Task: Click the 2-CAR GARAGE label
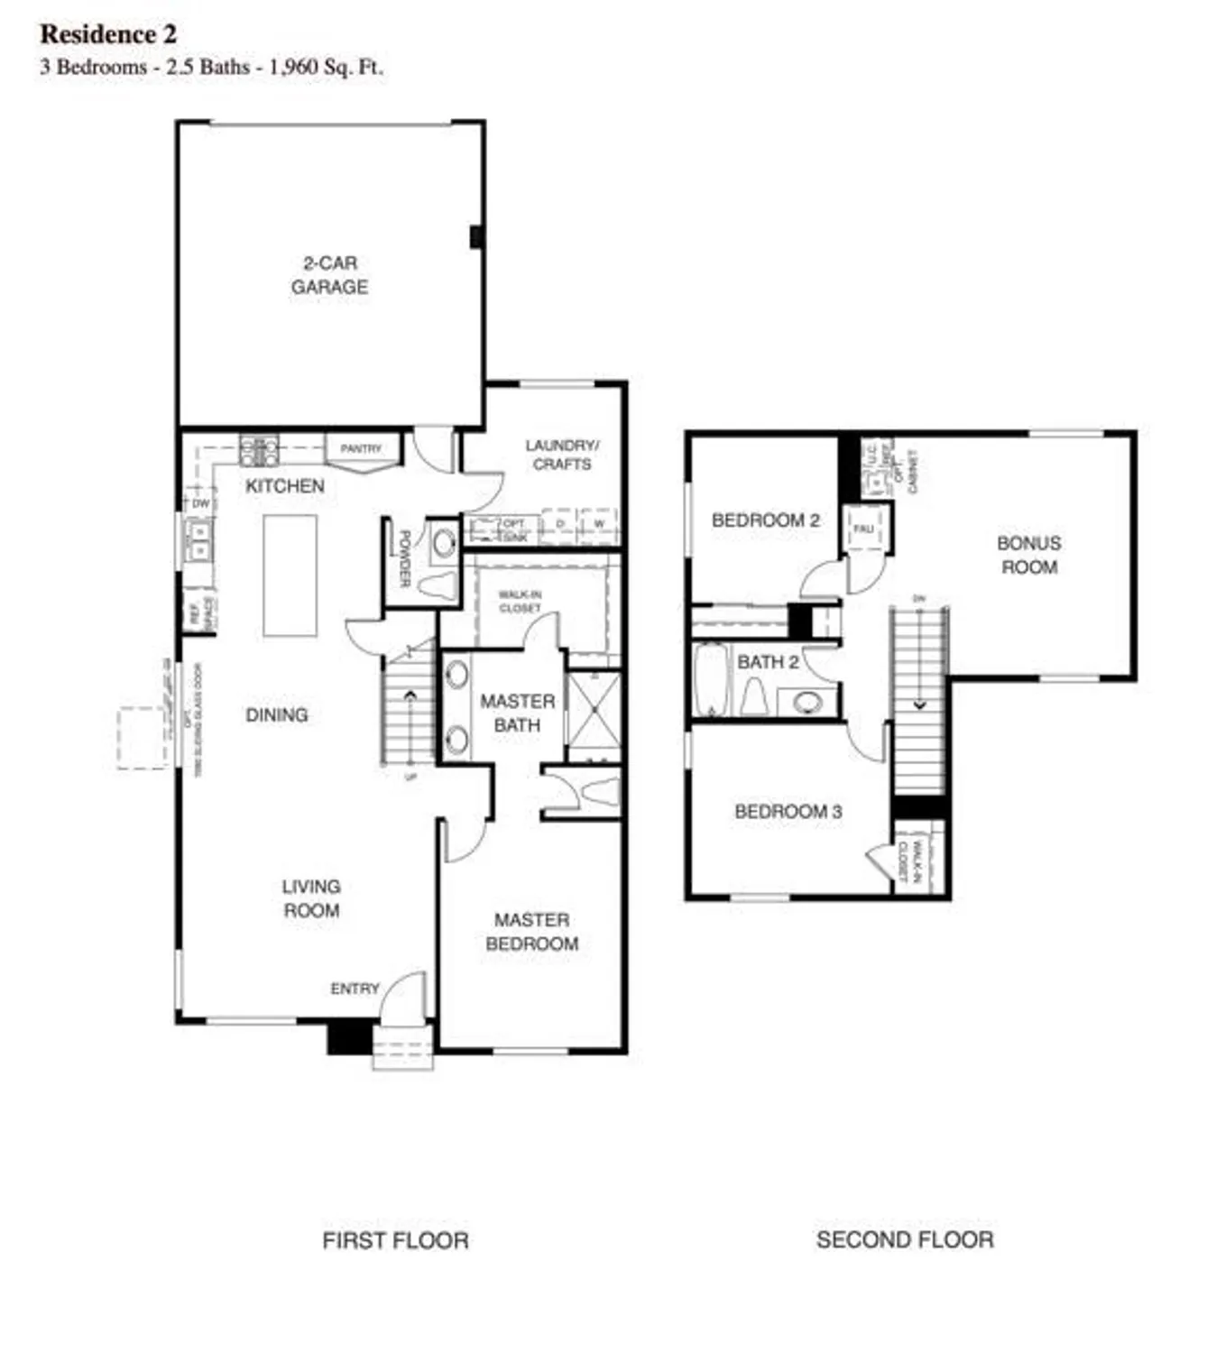point(329,275)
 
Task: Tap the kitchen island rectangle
point(290,575)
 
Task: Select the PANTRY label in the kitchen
point(361,448)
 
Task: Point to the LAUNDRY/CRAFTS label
point(562,455)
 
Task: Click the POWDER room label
point(405,558)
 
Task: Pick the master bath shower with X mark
point(594,716)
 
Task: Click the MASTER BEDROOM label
point(531,932)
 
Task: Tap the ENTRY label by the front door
point(355,989)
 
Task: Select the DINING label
point(277,715)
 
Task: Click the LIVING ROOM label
point(311,898)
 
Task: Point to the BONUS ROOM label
point(1028,555)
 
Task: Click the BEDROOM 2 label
point(765,520)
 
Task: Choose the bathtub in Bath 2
point(711,680)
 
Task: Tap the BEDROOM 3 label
point(788,812)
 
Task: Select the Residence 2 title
point(108,34)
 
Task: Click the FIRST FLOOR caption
point(395,1240)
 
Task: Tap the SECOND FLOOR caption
point(905,1240)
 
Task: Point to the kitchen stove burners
point(259,449)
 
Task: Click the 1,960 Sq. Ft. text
point(326,67)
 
